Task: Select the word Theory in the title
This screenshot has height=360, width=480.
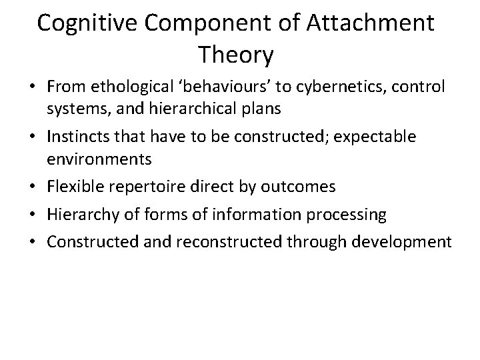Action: pyautogui.click(x=236, y=56)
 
